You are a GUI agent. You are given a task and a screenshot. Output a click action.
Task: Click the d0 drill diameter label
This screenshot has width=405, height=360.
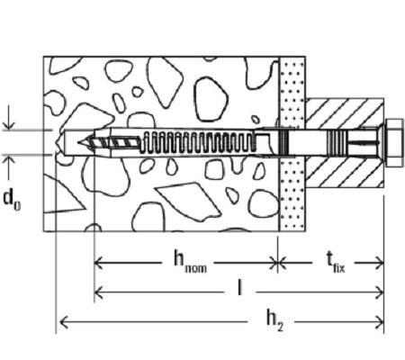pyautogui.click(x=12, y=200)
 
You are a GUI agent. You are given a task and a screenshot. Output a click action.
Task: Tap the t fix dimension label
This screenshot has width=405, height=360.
pyautogui.click(x=336, y=263)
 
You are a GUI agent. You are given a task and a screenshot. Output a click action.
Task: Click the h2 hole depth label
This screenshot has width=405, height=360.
pyautogui.click(x=274, y=320)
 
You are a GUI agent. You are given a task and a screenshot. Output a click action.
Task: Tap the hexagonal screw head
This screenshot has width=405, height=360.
pyautogui.click(x=393, y=143)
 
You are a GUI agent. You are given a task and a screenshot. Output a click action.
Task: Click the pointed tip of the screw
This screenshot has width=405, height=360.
pyautogui.click(x=78, y=142)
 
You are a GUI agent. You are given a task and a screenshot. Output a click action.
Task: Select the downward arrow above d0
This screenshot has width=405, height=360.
pyautogui.click(x=9, y=118)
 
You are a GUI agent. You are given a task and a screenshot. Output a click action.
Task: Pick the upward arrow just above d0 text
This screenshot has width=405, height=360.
pyautogui.click(x=9, y=169)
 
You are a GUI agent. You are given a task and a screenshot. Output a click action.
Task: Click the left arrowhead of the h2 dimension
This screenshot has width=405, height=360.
pyautogui.click(x=64, y=322)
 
